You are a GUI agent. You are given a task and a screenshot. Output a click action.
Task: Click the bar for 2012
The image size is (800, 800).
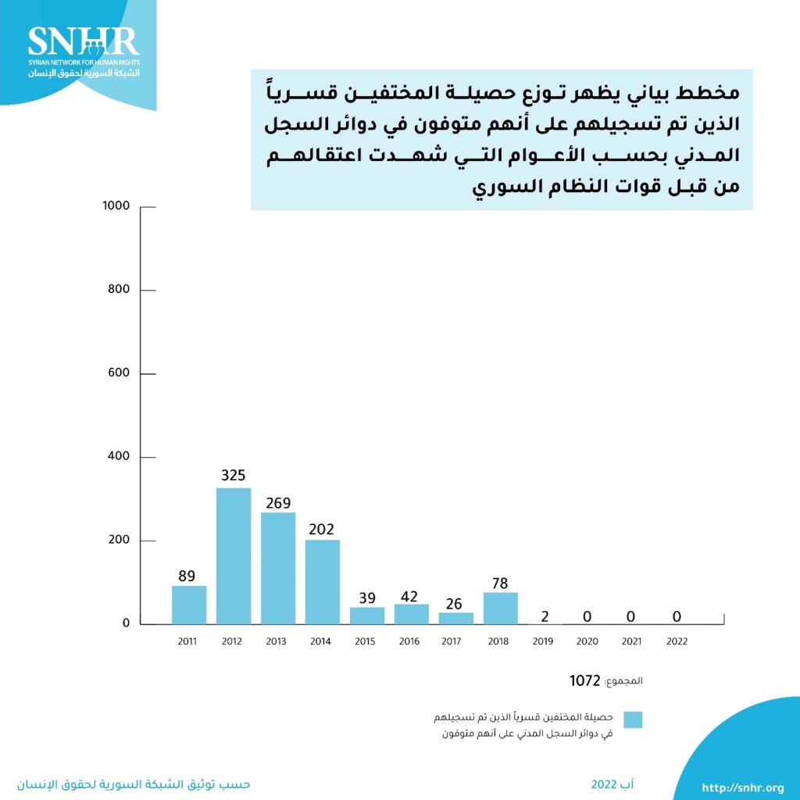(x=234, y=556)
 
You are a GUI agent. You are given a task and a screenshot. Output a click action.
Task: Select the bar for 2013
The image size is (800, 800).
(x=278, y=568)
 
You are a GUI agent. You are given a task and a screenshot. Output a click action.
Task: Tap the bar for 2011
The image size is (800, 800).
(x=189, y=605)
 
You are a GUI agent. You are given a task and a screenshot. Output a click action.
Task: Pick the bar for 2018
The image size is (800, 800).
(x=501, y=608)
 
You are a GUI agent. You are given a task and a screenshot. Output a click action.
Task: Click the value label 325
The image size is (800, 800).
(x=234, y=474)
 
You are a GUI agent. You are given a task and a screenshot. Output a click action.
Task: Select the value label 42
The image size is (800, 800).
(x=411, y=597)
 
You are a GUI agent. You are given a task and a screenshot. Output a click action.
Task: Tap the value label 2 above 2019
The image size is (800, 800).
(x=545, y=616)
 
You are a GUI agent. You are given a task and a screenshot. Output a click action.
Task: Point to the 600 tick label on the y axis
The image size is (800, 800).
(x=118, y=373)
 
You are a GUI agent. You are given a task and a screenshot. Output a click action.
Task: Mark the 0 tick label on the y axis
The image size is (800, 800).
(x=125, y=623)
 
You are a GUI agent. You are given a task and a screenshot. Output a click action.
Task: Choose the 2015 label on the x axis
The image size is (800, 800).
(x=365, y=641)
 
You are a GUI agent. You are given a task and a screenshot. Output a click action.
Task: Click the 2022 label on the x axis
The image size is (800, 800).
(x=677, y=641)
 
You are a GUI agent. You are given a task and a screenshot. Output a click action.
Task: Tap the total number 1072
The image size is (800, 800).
(x=585, y=680)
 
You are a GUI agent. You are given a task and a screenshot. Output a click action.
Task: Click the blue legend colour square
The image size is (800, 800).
(x=633, y=720)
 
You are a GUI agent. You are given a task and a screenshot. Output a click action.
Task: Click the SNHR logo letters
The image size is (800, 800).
(x=83, y=41)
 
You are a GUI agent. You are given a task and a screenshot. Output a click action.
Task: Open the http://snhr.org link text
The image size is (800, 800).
(x=743, y=787)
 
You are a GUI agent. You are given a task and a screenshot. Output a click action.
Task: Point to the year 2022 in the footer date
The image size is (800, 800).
(x=604, y=784)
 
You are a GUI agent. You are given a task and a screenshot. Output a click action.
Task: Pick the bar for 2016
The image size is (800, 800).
(x=411, y=614)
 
